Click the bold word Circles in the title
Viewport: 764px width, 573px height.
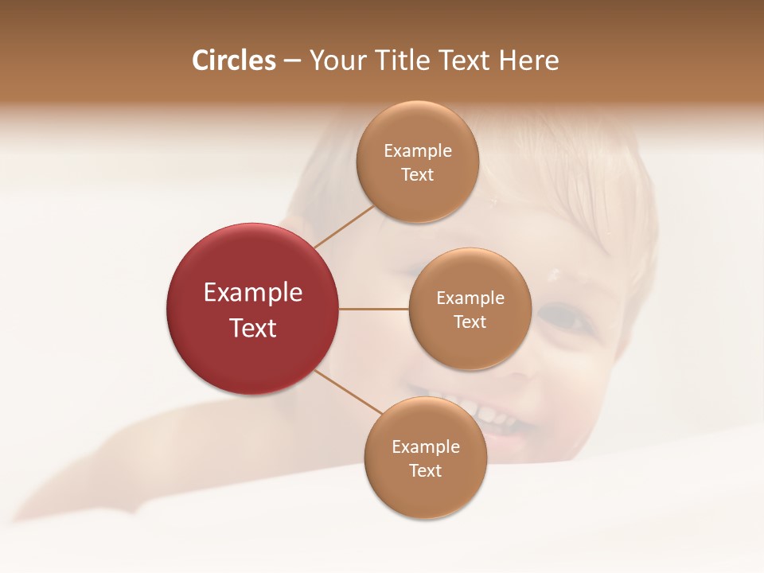pos(233,60)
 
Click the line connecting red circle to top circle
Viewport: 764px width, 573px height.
pos(344,227)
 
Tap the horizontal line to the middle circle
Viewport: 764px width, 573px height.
pos(373,309)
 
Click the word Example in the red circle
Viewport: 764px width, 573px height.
pos(253,293)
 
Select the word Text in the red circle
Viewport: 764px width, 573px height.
pos(253,328)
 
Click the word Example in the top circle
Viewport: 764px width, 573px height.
pos(417,150)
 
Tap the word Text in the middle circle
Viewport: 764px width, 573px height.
pos(470,322)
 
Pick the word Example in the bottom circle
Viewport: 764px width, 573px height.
pos(425,446)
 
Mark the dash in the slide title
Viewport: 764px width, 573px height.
pos(292,61)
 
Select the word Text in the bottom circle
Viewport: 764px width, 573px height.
pos(425,470)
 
